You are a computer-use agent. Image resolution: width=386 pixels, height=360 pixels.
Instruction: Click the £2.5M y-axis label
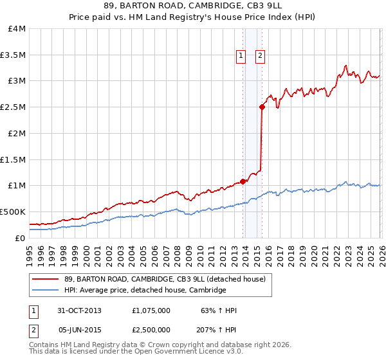pos(14,107)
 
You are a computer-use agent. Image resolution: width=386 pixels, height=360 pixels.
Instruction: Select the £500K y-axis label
pos(14,212)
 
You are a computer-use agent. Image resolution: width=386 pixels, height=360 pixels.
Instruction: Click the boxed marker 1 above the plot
pos(241,56)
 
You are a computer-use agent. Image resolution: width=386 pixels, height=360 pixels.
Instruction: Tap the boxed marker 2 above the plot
pos(260,56)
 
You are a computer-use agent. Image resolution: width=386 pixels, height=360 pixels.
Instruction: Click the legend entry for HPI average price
pos(145,291)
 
